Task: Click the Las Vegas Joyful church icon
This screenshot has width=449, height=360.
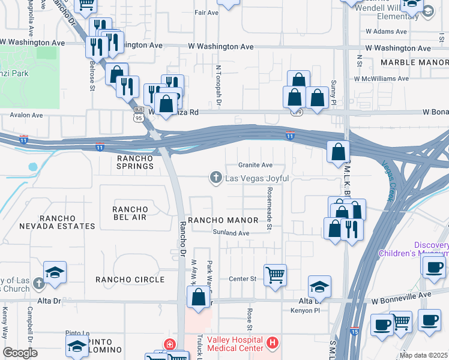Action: click(215, 178)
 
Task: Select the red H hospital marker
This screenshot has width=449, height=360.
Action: click(273, 344)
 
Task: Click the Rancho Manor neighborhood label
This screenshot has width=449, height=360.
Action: click(223, 220)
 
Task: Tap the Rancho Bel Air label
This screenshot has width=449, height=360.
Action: click(130, 213)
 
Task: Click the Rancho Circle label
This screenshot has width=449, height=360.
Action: click(130, 280)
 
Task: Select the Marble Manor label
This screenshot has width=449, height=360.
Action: click(415, 62)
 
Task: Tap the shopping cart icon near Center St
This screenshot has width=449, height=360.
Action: click(275, 275)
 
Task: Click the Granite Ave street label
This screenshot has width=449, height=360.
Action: click(255, 165)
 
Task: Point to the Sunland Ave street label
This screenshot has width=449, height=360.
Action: click(231, 233)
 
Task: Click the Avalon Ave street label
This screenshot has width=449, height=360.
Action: click(26, 115)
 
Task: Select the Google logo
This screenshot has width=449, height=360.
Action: click(20, 353)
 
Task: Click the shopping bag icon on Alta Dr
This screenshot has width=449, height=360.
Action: click(197, 297)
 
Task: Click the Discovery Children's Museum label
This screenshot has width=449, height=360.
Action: click(414, 249)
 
